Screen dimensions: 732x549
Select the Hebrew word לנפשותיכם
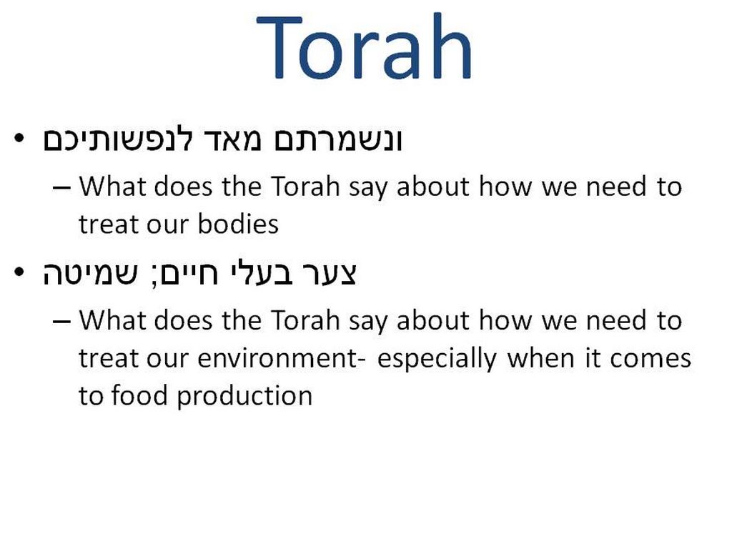point(117,139)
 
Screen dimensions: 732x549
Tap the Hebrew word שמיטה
point(90,274)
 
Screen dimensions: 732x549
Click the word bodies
point(238,224)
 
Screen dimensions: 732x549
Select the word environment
point(278,359)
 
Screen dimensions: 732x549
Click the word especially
point(437,360)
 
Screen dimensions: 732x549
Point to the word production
point(244,397)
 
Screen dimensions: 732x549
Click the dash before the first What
point(61,188)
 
